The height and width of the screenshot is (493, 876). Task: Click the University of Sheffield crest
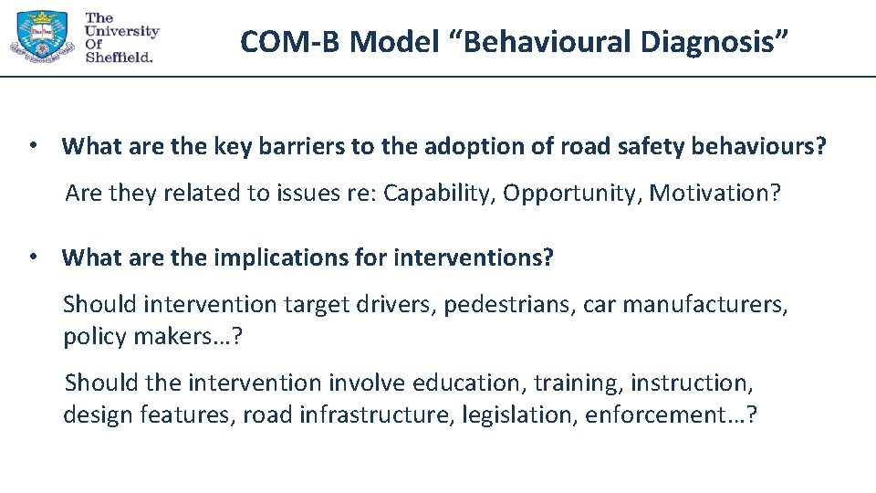(41, 36)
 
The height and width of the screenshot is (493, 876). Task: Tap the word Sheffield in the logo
(118, 56)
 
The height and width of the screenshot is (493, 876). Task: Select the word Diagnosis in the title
(710, 41)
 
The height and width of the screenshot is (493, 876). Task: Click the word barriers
(302, 146)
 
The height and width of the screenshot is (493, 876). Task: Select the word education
(465, 383)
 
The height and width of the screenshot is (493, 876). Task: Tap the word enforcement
(663, 415)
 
